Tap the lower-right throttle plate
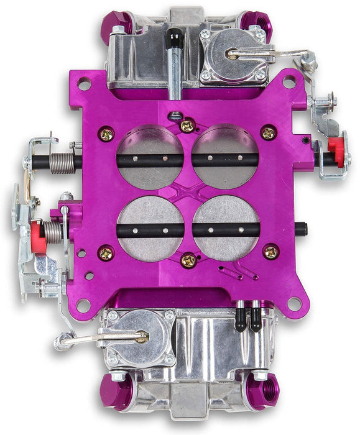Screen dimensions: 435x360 coord(225,229)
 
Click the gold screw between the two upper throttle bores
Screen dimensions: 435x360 coord(187,126)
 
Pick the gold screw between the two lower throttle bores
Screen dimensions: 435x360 coord(188,260)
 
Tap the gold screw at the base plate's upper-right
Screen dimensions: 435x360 coord(269,132)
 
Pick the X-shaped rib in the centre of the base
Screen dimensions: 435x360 coord(188,194)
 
